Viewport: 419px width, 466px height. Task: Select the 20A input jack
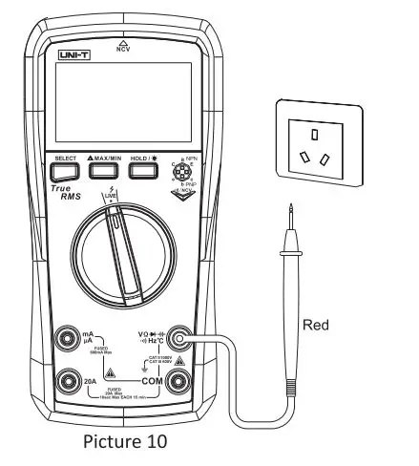coord(66,381)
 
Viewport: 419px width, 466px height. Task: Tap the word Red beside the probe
coord(315,326)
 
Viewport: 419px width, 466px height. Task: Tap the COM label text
coord(149,379)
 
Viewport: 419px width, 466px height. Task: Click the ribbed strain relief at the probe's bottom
coord(287,390)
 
